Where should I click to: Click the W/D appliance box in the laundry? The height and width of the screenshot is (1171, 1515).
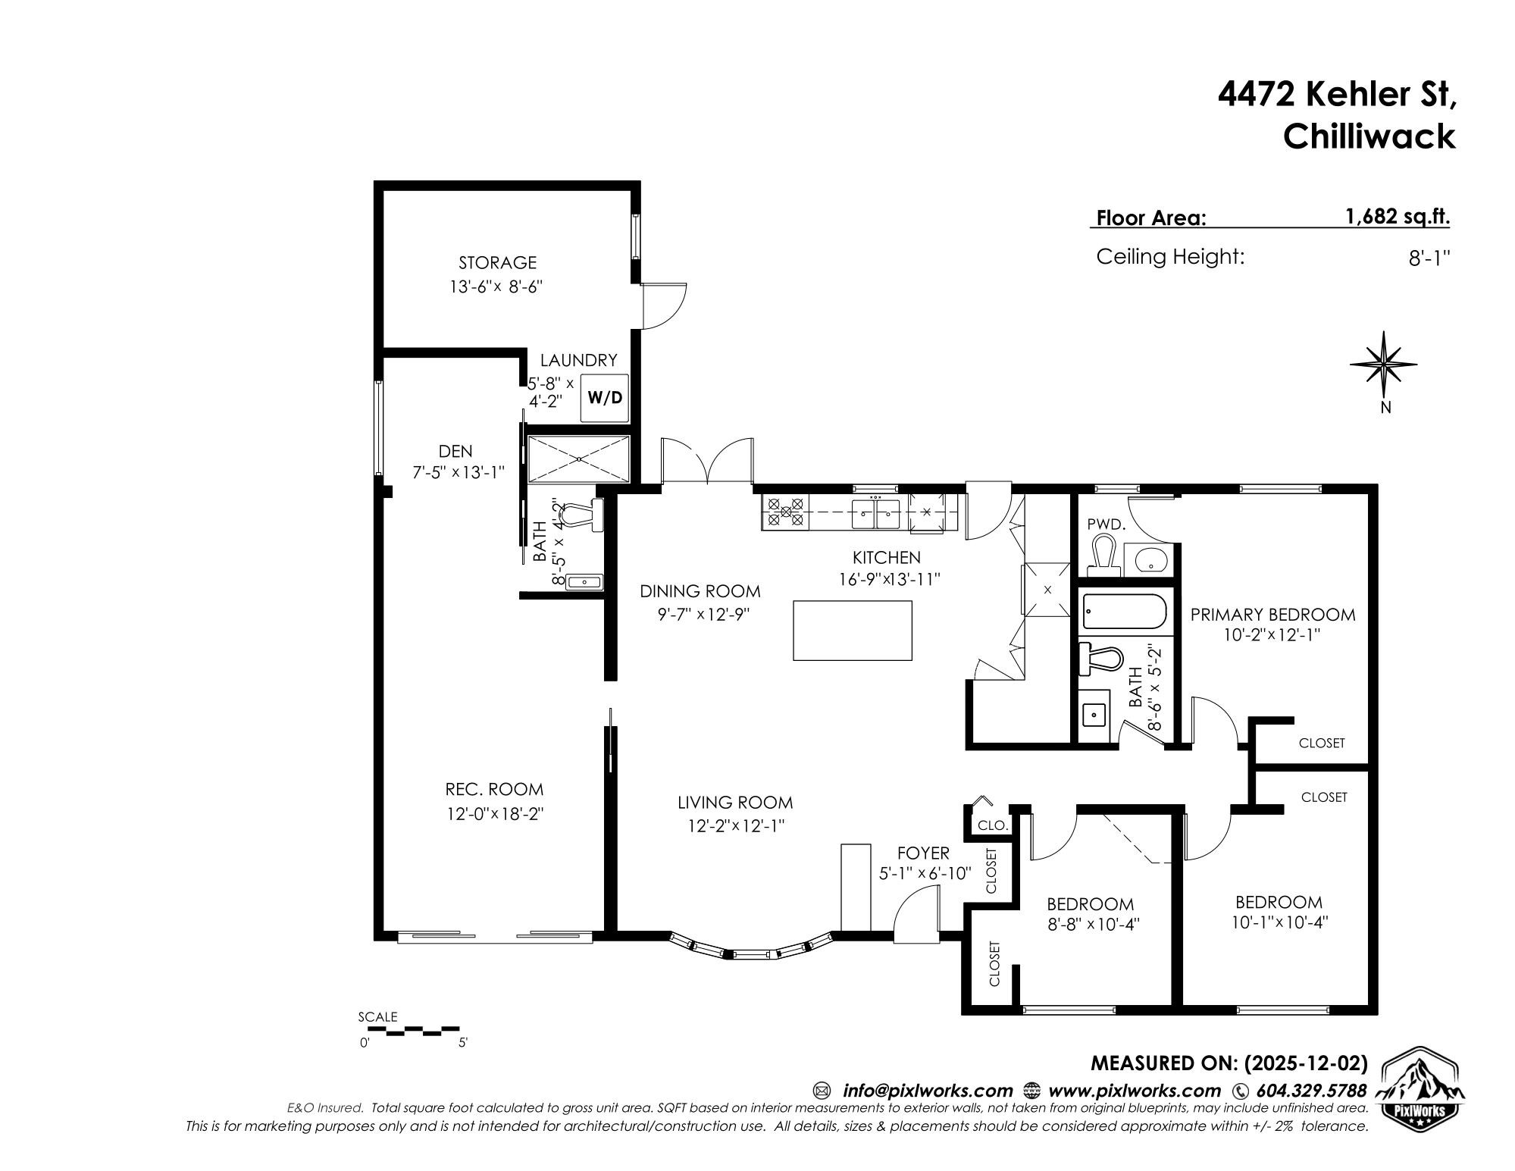tap(604, 397)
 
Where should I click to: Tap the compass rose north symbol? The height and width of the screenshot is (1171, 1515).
tap(1384, 365)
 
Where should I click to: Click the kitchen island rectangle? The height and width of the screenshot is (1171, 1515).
tap(852, 630)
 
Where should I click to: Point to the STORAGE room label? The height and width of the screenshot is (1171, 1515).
tap(497, 263)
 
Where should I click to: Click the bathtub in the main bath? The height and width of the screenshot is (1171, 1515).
tap(1123, 612)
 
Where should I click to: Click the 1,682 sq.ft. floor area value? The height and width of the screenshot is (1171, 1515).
tap(1397, 217)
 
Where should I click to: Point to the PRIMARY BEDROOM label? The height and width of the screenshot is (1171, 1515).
tap(1272, 615)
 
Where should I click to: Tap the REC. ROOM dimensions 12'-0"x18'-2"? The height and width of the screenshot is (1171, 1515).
tap(495, 814)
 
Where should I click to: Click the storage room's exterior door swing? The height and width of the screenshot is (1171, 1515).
tap(662, 305)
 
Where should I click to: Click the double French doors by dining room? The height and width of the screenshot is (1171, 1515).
tap(707, 461)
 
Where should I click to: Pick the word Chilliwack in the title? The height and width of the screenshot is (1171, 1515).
tap(1369, 136)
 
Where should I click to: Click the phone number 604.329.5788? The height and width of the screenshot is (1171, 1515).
tap(1311, 1091)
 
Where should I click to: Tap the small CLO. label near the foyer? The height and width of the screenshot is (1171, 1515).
tap(991, 825)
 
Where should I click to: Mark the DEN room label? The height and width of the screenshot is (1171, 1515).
tap(455, 451)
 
